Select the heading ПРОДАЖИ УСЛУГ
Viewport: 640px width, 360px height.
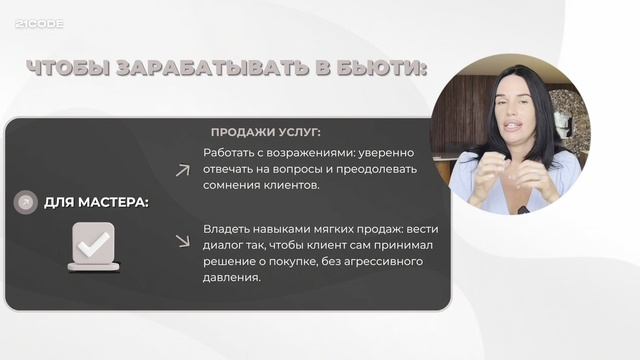(265, 133)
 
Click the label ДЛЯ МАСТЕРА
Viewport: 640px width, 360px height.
(96, 202)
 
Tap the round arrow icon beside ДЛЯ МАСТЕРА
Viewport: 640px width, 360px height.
(23, 202)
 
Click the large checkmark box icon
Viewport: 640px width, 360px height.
(94, 246)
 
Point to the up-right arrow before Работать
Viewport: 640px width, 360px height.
(182, 170)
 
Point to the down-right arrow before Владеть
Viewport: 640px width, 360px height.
(182, 240)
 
